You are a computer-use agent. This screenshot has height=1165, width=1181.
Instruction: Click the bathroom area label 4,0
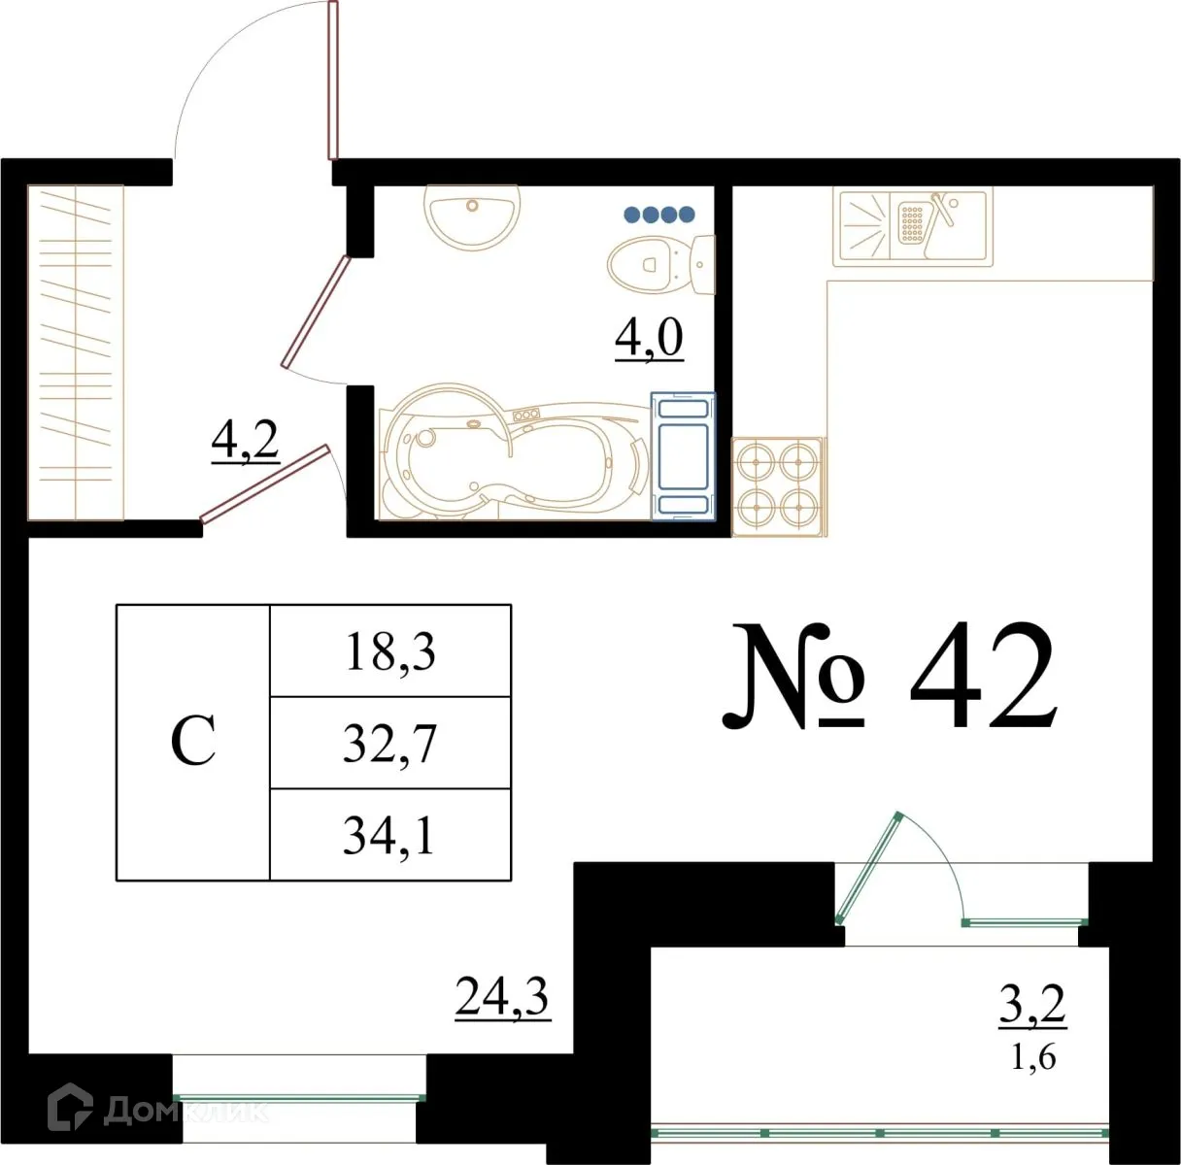coord(649,338)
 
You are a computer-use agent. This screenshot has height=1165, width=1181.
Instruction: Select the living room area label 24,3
coord(502,996)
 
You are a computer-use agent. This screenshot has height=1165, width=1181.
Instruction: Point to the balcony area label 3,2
coord(1032,1005)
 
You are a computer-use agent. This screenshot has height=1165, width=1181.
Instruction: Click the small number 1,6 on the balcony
coord(1032,1056)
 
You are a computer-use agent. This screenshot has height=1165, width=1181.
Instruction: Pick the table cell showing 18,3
coord(389,651)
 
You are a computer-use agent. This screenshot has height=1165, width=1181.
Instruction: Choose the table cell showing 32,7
coord(389,744)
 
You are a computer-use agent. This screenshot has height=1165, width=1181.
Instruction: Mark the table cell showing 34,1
coord(389,835)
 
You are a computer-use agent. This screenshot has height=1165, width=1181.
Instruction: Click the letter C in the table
coord(192,743)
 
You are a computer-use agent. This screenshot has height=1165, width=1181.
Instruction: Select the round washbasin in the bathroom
coord(471,216)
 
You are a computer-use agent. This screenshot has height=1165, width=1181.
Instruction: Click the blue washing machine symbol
coord(682,454)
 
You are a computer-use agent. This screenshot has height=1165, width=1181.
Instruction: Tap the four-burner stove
coord(779,485)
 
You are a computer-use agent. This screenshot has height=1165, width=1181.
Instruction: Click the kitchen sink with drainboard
coord(911,226)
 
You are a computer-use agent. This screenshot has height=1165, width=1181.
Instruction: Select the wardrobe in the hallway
coord(76,351)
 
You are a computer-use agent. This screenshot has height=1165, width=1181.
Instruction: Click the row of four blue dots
coord(659,214)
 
